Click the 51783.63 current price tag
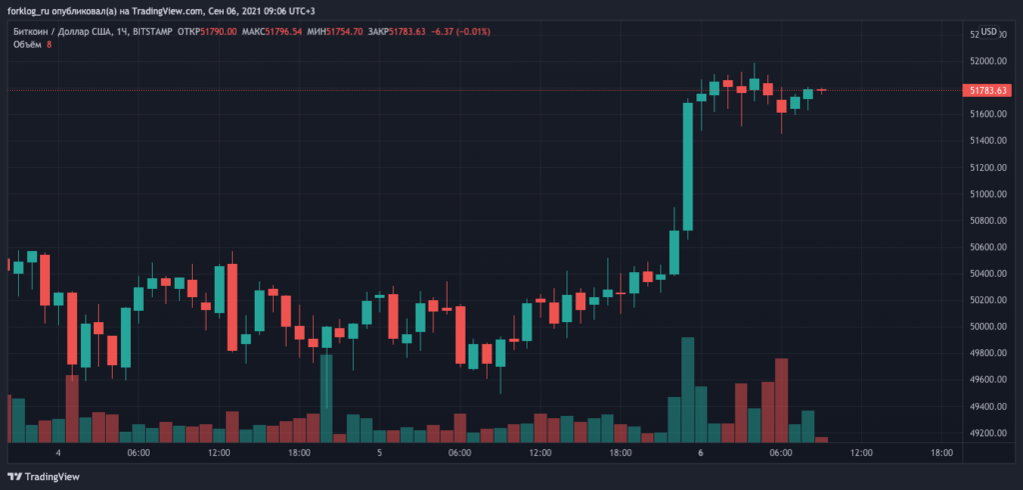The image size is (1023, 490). click(987, 90)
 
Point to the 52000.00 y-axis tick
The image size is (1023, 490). click(987, 62)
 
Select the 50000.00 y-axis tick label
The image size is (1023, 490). click(987, 327)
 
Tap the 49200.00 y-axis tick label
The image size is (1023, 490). click(987, 433)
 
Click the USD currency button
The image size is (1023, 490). click(990, 32)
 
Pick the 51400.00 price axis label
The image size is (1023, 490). click(987, 141)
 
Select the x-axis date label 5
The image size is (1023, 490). click(380, 453)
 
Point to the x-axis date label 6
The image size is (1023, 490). click(700, 453)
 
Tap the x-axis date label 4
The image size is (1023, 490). click(59, 453)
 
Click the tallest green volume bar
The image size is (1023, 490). click(687, 390)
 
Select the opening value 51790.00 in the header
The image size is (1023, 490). click(219, 31)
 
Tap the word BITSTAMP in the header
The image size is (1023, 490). click(152, 31)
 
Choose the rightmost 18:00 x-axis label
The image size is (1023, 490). click(941, 453)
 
